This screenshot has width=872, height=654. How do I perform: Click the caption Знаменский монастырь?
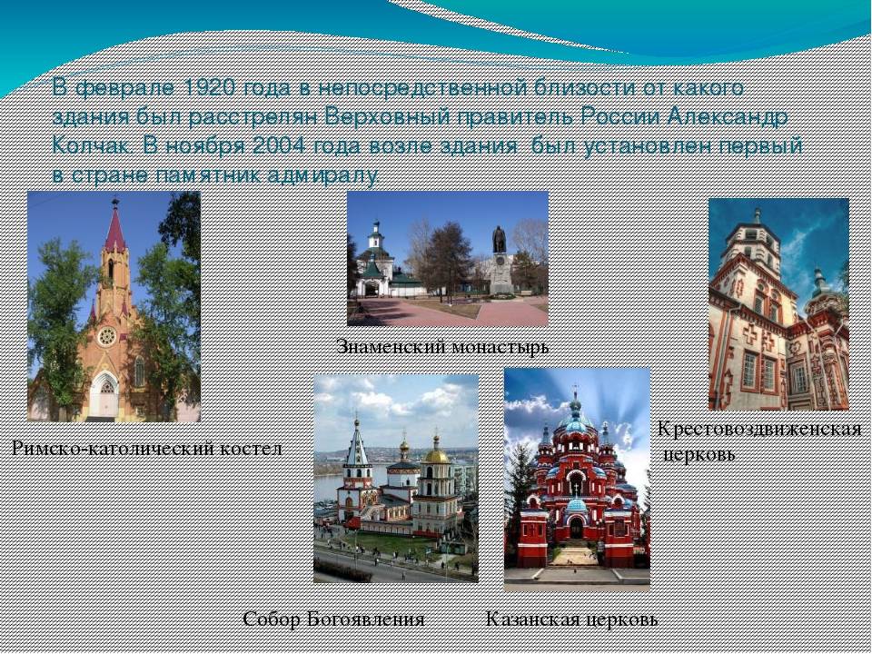442,347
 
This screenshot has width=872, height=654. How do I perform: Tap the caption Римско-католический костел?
147,448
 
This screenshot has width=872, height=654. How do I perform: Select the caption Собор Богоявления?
333,619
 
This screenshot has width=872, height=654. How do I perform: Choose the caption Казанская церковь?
571,619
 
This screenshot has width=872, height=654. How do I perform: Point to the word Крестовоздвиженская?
759,430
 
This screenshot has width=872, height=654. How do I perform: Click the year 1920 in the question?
209,88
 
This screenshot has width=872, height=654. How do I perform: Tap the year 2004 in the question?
279,145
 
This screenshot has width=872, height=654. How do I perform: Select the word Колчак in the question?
93,145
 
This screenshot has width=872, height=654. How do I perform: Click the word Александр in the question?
728,117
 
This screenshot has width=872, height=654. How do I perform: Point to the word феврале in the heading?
125,89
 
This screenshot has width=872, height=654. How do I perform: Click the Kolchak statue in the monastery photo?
499,240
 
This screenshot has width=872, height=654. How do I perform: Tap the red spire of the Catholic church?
115,228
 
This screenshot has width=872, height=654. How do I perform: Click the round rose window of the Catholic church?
107,336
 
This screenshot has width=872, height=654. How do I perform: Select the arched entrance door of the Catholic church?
104,396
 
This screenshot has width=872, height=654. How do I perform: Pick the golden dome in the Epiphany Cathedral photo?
437,455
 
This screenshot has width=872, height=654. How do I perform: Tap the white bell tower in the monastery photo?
376,240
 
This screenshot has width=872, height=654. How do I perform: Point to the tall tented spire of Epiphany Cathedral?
356,442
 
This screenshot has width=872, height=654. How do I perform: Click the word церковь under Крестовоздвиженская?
699,455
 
